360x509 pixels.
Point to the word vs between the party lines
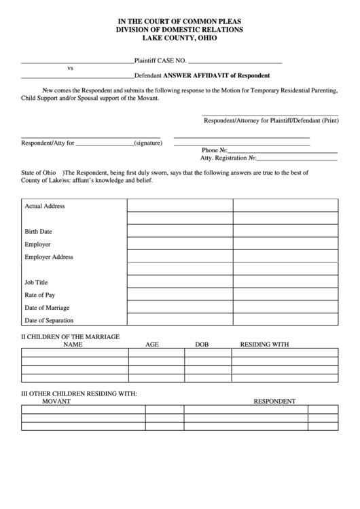(x=70, y=69)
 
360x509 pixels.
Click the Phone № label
(x=214, y=150)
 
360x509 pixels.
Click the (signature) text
(x=147, y=143)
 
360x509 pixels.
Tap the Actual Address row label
(x=45, y=206)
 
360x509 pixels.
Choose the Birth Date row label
(x=39, y=231)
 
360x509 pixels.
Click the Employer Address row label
(x=49, y=257)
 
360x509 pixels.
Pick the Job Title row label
(x=37, y=282)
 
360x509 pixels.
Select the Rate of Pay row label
(x=40, y=295)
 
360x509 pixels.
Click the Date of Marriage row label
(x=47, y=308)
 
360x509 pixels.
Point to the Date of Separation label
(x=49, y=320)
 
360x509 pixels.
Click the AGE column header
(x=152, y=345)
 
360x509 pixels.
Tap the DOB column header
(x=202, y=345)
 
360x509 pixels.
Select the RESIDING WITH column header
(x=264, y=345)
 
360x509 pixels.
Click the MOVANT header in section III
(x=56, y=401)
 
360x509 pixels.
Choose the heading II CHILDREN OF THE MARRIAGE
(x=71, y=336)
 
